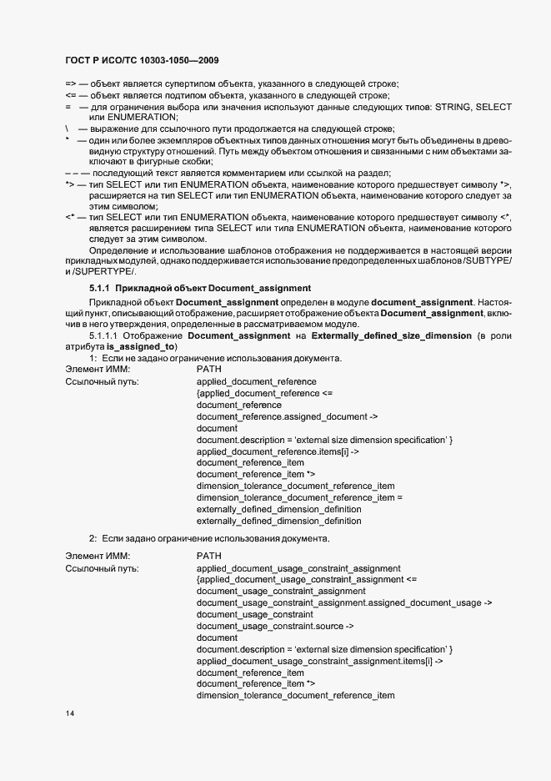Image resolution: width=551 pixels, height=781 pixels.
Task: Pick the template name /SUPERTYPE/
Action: point(103,272)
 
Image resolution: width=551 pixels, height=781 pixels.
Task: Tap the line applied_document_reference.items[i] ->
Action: point(278,451)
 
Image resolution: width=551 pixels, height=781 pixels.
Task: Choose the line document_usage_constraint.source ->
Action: point(275,625)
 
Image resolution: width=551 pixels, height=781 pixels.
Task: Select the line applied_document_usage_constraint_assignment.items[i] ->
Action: point(319,660)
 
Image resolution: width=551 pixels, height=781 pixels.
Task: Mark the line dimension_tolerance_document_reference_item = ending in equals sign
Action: point(299,497)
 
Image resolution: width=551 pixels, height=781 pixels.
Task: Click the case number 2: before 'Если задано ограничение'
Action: point(93,537)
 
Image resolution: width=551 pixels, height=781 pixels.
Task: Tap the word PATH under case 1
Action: point(208,369)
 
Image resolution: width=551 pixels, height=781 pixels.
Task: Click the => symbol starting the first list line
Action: point(70,83)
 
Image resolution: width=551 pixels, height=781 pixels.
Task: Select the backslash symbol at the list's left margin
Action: point(67,129)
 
